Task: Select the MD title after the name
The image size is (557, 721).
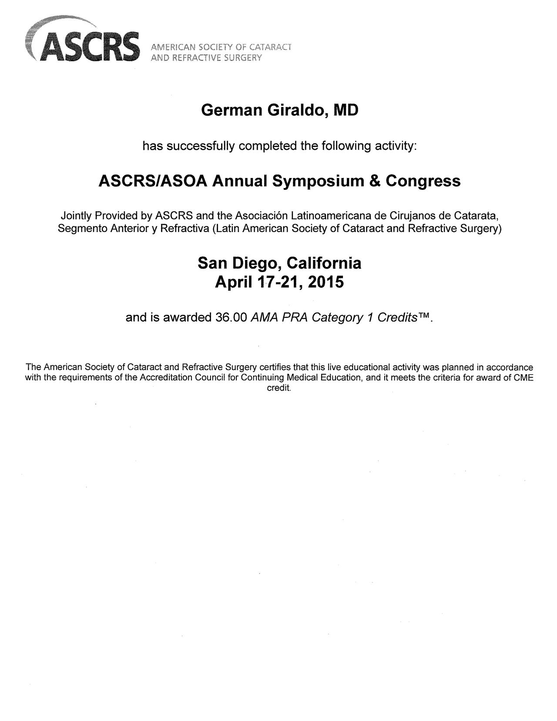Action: pyautogui.click(x=346, y=111)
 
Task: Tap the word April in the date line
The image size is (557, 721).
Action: pyautogui.click(x=233, y=283)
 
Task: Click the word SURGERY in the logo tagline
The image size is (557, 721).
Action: pyautogui.click(x=243, y=58)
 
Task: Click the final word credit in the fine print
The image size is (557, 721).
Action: pyautogui.click(x=278, y=388)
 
